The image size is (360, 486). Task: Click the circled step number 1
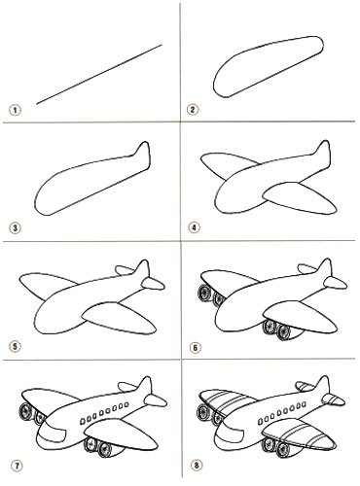click(x=15, y=110)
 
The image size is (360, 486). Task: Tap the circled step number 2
click(x=193, y=110)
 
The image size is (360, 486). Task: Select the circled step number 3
click(x=15, y=228)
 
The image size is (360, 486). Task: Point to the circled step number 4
click(x=194, y=227)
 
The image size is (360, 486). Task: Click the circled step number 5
click(x=15, y=347)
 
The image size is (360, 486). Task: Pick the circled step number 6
click(x=195, y=348)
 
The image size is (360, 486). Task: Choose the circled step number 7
click(x=17, y=466)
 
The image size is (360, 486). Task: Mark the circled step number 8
click(x=196, y=466)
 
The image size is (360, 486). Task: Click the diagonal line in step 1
click(x=99, y=75)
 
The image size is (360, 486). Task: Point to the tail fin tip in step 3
click(x=145, y=143)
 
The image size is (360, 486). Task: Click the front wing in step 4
click(x=300, y=198)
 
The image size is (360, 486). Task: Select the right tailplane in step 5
click(x=153, y=284)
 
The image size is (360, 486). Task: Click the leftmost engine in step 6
click(x=204, y=294)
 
